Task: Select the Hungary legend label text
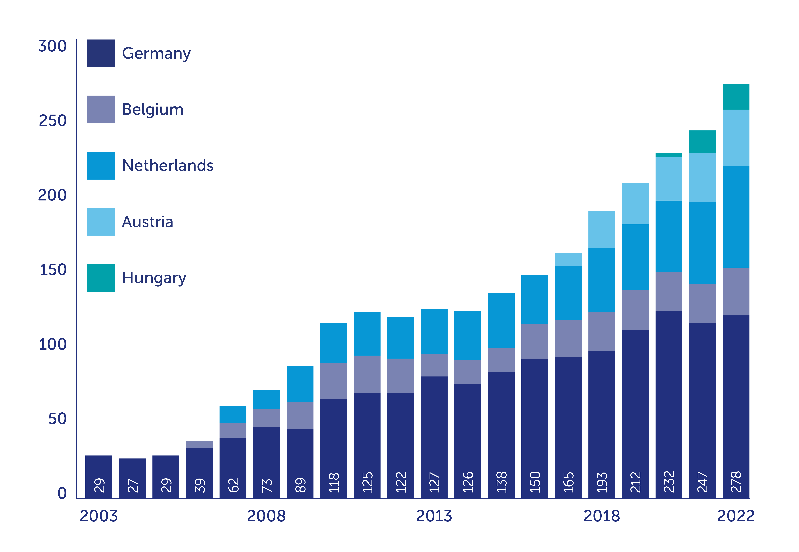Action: [154, 278]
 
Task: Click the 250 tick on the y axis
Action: [52, 121]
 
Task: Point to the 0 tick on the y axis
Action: [62, 493]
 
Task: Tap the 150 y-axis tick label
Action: [53, 270]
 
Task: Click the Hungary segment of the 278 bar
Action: [736, 97]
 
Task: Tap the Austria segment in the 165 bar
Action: [568, 259]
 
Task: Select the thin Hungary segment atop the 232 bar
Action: [669, 155]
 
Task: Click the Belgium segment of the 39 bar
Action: [199, 444]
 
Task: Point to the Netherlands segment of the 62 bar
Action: [233, 414]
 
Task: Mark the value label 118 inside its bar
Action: [334, 482]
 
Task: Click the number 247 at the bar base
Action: [702, 482]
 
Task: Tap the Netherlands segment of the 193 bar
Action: [602, 280]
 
